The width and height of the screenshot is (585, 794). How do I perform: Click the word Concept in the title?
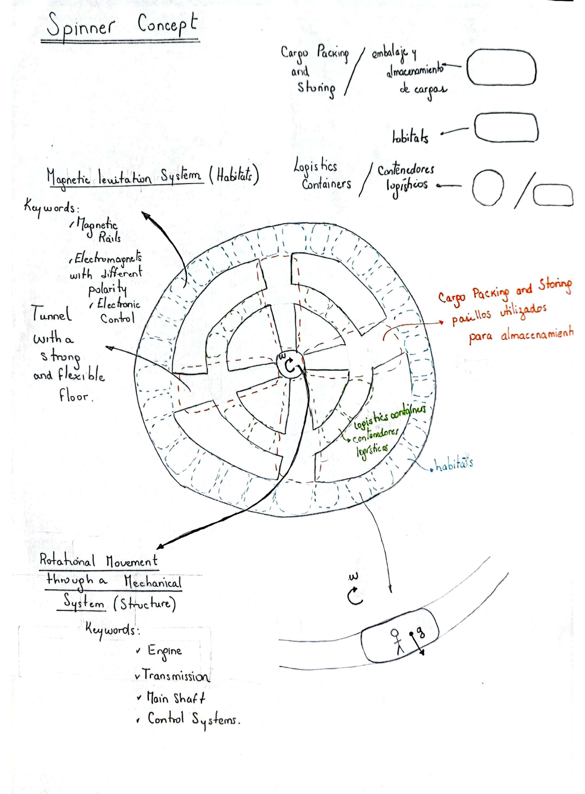[167, 25]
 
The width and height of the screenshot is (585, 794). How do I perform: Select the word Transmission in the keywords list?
[176, 676]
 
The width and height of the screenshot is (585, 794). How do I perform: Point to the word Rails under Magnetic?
[109, 238]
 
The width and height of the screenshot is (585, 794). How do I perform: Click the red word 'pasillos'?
[471, 313]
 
